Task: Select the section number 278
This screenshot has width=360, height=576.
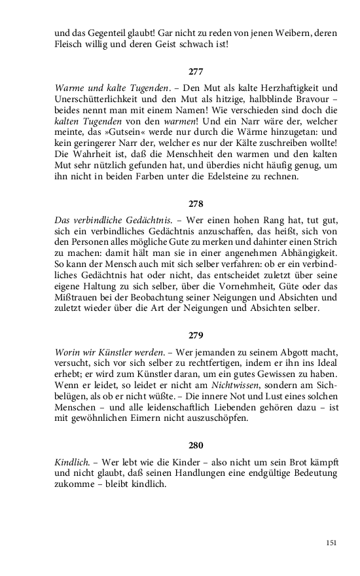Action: tap(196, 204)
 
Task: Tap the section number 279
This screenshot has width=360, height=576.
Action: tap(196, 336)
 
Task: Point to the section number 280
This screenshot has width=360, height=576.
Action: tap(196, 446)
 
